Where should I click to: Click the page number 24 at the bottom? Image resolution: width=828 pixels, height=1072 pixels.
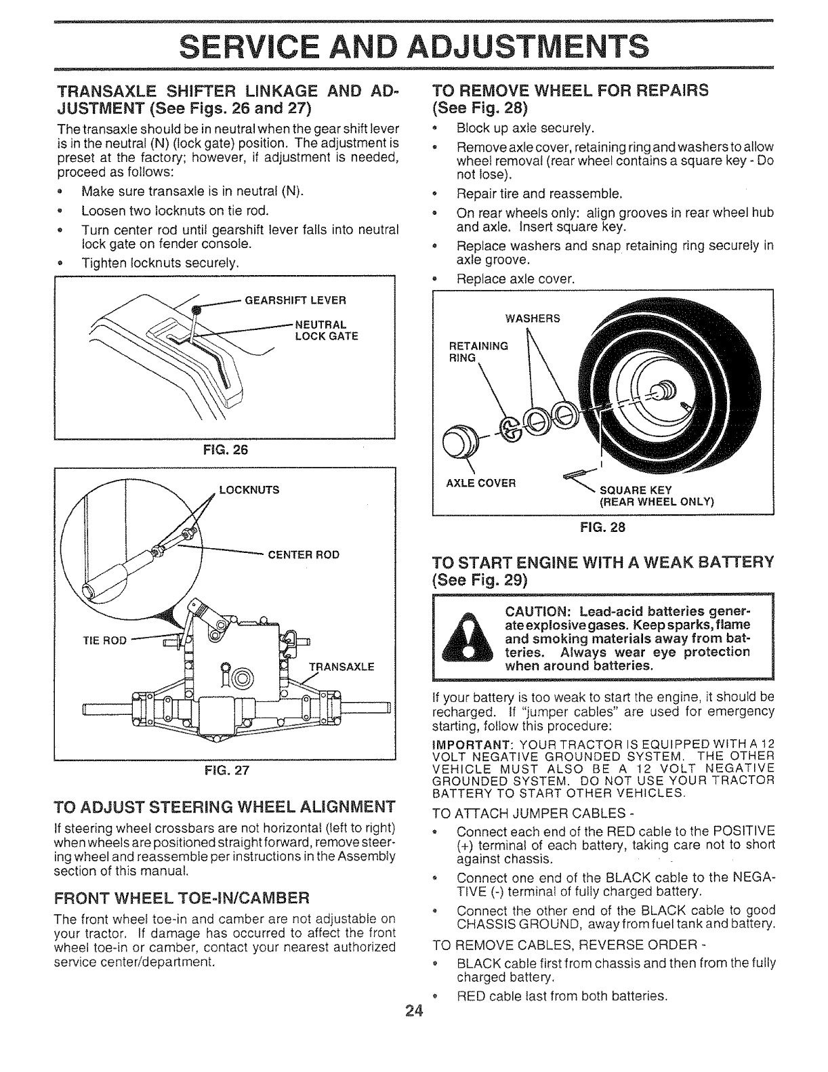[x=413, y=1012]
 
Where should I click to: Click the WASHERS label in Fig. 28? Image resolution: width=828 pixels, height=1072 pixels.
[x=533, y=319]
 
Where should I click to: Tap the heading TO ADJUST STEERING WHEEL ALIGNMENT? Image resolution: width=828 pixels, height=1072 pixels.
[x=224, y=806]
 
